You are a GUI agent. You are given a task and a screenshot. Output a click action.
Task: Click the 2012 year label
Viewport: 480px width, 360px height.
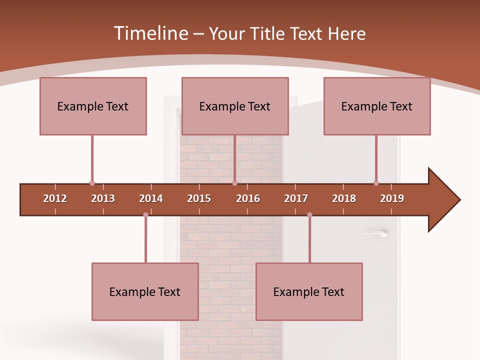point(55,198)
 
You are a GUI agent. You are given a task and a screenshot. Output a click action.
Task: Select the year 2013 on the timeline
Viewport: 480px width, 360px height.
point(103,198)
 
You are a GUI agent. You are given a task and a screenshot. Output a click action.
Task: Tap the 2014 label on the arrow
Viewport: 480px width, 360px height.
point(151,198)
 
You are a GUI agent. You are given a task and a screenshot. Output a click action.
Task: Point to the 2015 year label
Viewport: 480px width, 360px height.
point(199,198)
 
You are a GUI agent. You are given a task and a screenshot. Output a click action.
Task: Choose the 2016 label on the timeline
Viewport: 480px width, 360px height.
point(248,198)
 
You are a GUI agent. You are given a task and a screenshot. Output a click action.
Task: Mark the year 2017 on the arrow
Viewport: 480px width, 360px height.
point(296,198)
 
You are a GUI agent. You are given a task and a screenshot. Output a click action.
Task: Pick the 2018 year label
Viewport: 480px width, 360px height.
point(344,198)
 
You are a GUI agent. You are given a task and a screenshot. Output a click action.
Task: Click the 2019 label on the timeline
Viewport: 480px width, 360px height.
point(392,198)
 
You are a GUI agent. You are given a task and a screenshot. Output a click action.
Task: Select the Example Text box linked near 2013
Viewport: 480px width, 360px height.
point(93,106)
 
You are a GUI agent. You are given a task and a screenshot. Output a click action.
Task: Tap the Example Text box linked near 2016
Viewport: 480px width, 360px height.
point(235,106)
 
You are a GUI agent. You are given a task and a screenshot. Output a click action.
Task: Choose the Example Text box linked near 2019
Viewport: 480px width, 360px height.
point(377,106)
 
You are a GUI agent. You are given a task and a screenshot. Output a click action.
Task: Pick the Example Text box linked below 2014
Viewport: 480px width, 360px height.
point(145,291)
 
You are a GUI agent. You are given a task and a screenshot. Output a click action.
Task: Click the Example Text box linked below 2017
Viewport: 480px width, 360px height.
point(309,291)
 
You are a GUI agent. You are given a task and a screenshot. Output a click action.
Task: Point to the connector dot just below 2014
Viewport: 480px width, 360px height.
point(145,215)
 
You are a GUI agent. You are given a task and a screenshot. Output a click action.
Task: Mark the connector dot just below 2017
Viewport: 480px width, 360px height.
point(309,215)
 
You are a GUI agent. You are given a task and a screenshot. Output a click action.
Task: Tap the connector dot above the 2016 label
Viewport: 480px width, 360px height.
point(234,183)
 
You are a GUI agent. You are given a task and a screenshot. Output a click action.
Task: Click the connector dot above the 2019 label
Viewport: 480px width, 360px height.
point(376,183)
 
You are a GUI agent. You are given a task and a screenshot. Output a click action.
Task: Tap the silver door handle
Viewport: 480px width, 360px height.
point(376,232)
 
